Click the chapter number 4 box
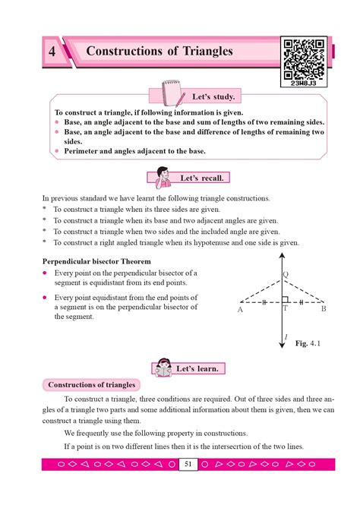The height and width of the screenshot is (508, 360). tap(51, 52)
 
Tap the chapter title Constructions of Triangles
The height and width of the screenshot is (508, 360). tap(159, 52)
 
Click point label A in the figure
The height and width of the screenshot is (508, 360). tap(240, 310)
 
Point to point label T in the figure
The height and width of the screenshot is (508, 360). tap(285, 310)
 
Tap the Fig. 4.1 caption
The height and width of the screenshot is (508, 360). tap(308, 344)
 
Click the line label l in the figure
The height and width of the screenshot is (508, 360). tap(284, 336)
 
